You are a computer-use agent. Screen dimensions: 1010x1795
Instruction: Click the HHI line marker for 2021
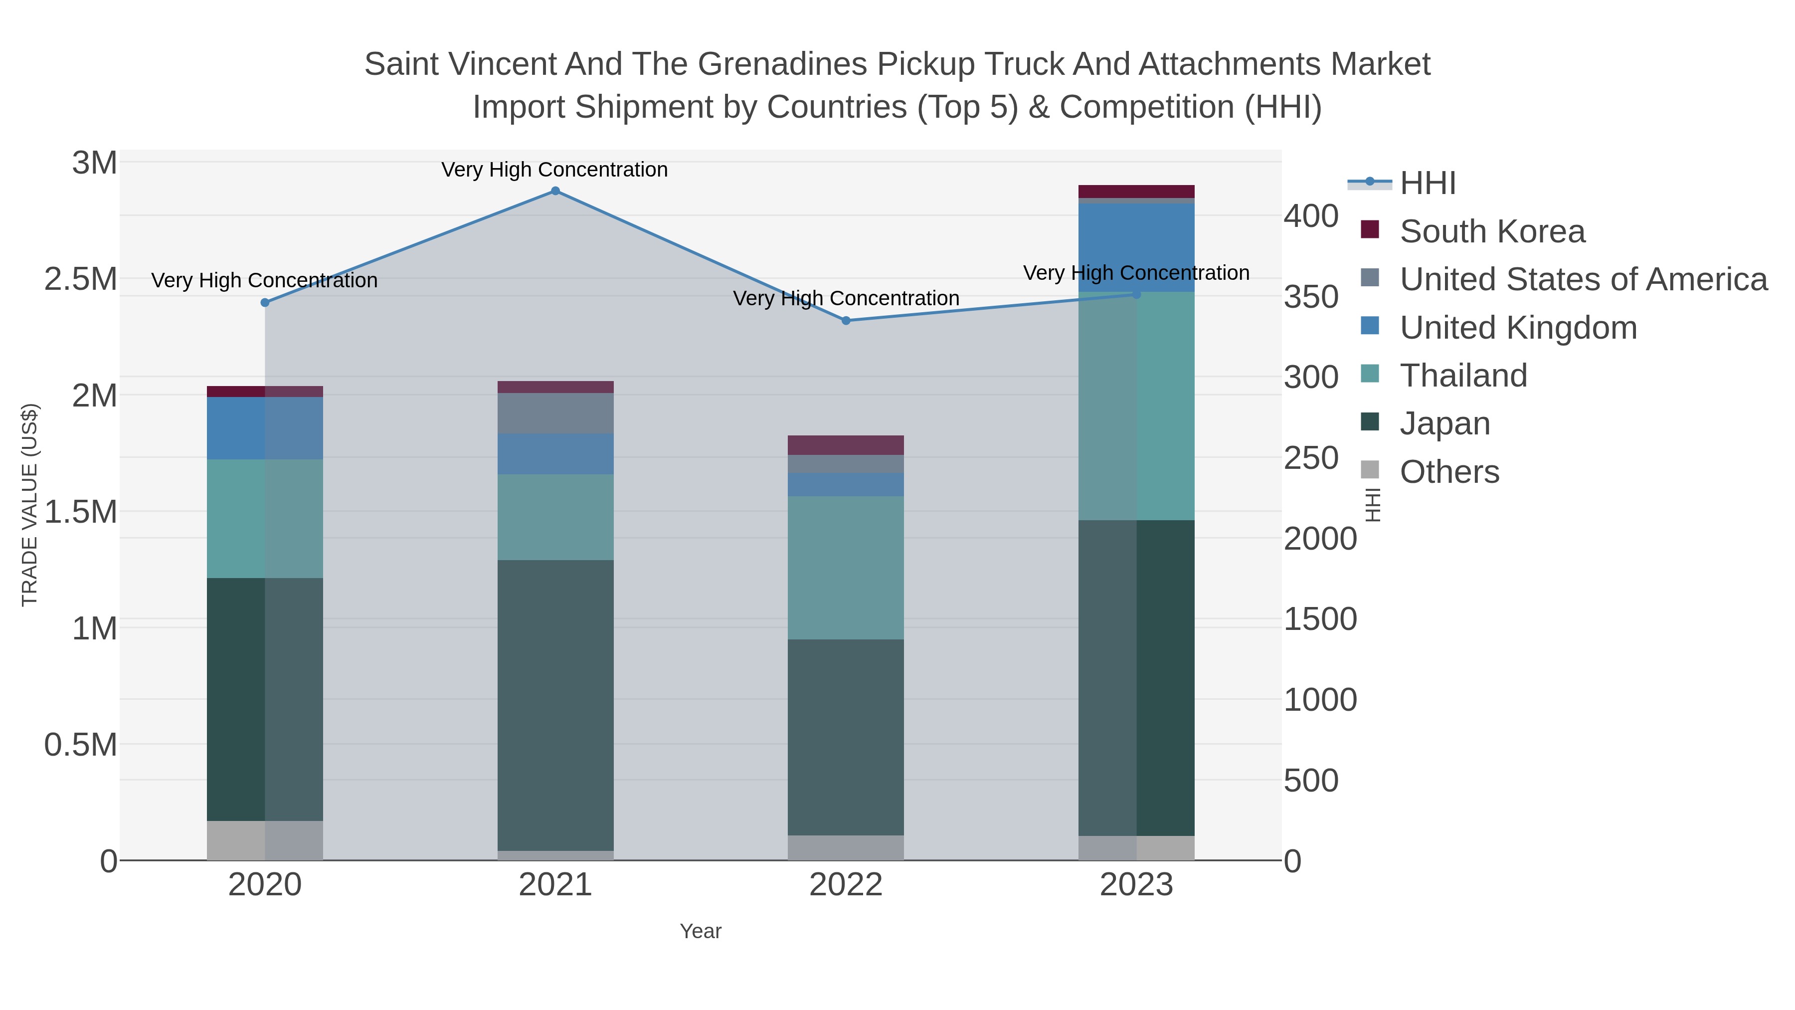(555, 191)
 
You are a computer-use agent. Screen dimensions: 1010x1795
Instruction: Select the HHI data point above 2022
(846, 321)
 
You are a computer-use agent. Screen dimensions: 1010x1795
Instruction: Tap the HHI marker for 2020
(265, 303)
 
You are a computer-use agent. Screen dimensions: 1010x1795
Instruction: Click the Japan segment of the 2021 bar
(555, 704)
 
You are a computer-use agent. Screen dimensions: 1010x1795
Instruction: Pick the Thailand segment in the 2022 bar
(846, 568)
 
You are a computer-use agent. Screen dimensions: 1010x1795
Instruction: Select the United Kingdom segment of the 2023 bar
(1136, 247)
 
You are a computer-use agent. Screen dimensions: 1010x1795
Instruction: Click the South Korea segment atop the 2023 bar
(1136, 192)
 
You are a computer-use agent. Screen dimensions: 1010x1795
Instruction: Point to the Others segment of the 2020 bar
(265, 840)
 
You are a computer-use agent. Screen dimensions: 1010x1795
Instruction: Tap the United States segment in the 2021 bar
(555, 413)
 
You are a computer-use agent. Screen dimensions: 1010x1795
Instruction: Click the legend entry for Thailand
(1463, 376)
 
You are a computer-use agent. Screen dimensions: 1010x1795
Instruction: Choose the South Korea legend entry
(1492, 231)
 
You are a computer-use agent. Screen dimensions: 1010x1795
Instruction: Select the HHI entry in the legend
(1427, 184)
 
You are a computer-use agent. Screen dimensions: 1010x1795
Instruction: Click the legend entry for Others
(1449, 472)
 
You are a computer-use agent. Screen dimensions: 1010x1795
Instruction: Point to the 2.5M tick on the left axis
(81, 279)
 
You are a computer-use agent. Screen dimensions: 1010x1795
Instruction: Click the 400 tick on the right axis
(1311, 216)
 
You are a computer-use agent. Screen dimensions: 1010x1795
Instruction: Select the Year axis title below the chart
(701, 931)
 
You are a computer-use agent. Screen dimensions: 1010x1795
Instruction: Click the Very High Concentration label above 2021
(554, 170)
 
